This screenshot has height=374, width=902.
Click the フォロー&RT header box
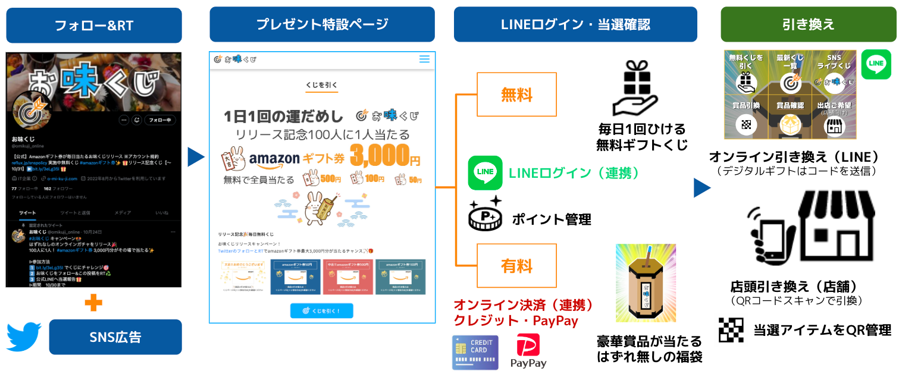(94, 26)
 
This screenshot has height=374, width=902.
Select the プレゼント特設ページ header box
(322, 24)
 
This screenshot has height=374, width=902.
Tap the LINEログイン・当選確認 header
(575, 24)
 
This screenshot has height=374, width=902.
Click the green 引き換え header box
(808, 24)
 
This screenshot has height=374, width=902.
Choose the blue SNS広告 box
(115, 337)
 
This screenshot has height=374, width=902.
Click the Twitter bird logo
(24, 337)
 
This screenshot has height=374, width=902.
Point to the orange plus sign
(93, 303)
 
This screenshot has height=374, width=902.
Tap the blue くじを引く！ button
(321, 311)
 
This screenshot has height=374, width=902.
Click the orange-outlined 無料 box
(516, 95)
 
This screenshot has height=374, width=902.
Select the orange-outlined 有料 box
(516, 266)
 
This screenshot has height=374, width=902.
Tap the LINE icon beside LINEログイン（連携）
(486, 173)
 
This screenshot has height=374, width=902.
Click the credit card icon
(475, 353)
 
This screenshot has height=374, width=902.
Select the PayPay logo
(528, 351)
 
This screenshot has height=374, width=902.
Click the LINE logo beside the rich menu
(876, 65)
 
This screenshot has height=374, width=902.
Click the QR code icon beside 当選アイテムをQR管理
(731, 330)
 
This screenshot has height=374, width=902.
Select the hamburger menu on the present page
(424, 59)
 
